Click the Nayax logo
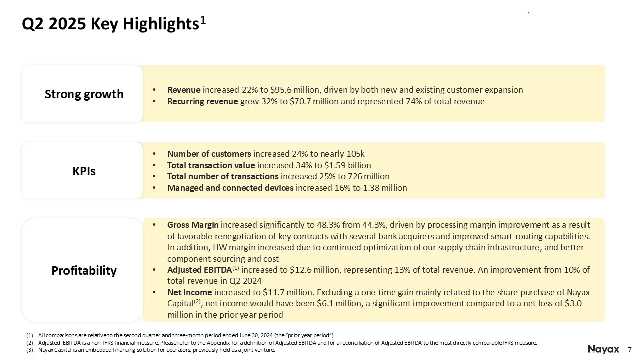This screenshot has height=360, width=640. coord(603,349)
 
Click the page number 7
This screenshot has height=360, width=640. coord(629,349)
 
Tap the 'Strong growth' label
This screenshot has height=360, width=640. coord(84,94)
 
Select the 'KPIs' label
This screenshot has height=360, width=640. coord(84,171)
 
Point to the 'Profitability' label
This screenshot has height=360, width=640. coord(84,271)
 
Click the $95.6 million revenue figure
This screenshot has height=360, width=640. coord(295,90)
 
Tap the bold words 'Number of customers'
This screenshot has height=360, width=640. coord(209,154)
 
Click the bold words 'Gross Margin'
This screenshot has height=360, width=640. coord(193,225)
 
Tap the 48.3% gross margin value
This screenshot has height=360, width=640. coord(328,225)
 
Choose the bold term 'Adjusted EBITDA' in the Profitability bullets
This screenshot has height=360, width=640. coord(199,270)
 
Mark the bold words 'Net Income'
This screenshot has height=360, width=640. coord(189,293)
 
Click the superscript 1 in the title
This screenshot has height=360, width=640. coord(203,20)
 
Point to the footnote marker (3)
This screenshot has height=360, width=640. coord(30,350)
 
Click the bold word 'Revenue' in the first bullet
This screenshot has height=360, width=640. coord(184,90)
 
